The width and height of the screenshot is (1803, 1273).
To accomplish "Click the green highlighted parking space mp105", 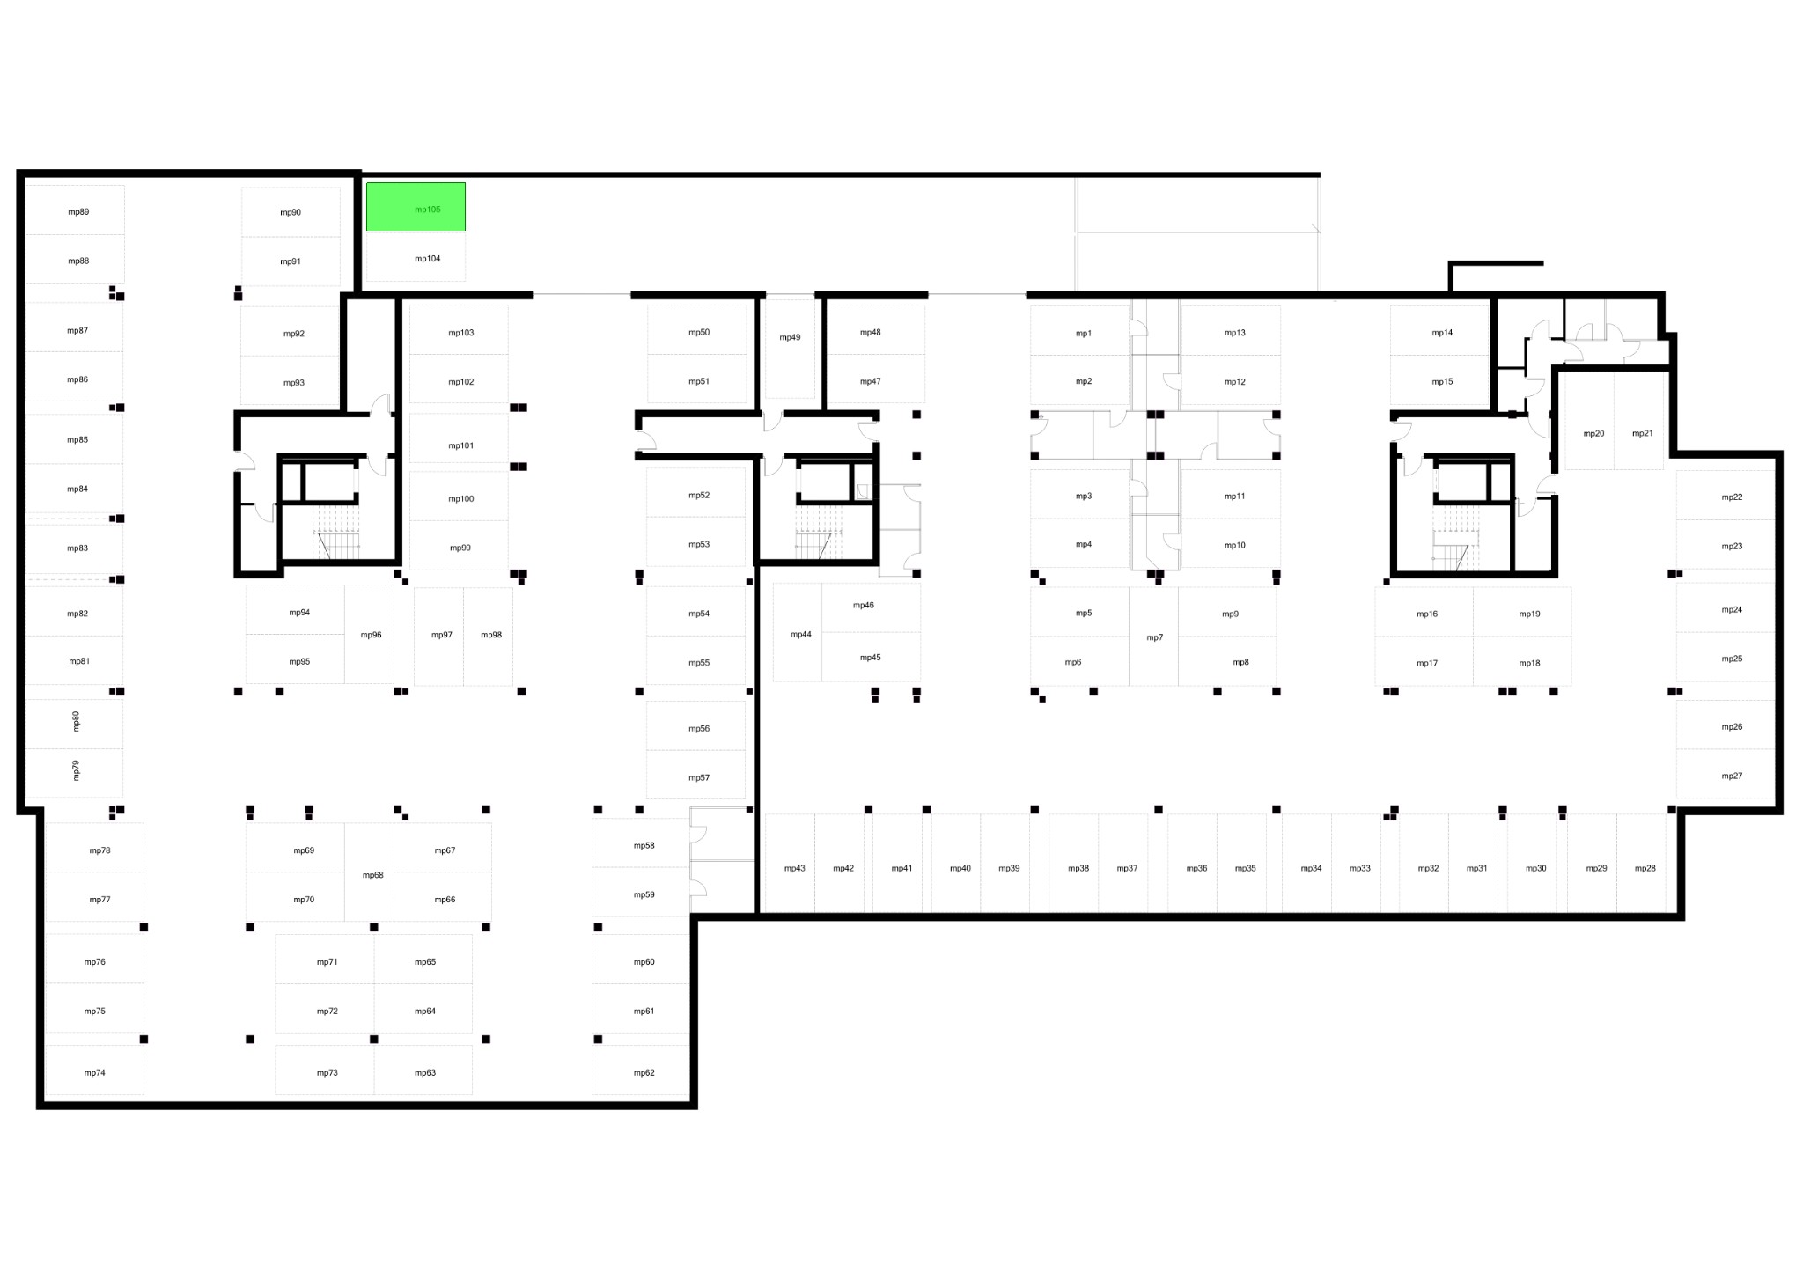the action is coord(416,207).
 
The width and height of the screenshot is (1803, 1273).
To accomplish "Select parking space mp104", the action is coord(416,257).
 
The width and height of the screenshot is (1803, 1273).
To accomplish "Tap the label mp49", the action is coord(790,337).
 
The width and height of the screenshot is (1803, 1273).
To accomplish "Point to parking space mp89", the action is coord(74,210).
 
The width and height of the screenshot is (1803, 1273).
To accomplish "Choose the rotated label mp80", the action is coord(76,721).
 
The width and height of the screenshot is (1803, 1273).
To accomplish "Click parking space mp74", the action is coord(94,1071).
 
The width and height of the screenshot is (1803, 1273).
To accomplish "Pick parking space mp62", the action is coord(641,1071).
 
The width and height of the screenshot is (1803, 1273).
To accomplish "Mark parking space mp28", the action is coord(1642,864).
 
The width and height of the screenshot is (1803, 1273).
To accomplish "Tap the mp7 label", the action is coord(1154,637).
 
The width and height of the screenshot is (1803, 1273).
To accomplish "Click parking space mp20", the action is coord(1590,420).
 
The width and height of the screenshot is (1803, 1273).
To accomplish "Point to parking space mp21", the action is coord(1639,420).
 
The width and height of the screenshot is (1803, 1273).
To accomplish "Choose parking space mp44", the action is coord(798,632).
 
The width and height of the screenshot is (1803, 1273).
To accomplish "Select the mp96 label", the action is coord(371,635).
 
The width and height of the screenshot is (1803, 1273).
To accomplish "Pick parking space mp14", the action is coord(1439,330).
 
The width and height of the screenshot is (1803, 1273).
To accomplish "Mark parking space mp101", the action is coord(459,438).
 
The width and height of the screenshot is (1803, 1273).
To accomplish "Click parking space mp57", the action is coord(695,775).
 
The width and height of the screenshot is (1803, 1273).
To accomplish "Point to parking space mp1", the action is coord(1080,330).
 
